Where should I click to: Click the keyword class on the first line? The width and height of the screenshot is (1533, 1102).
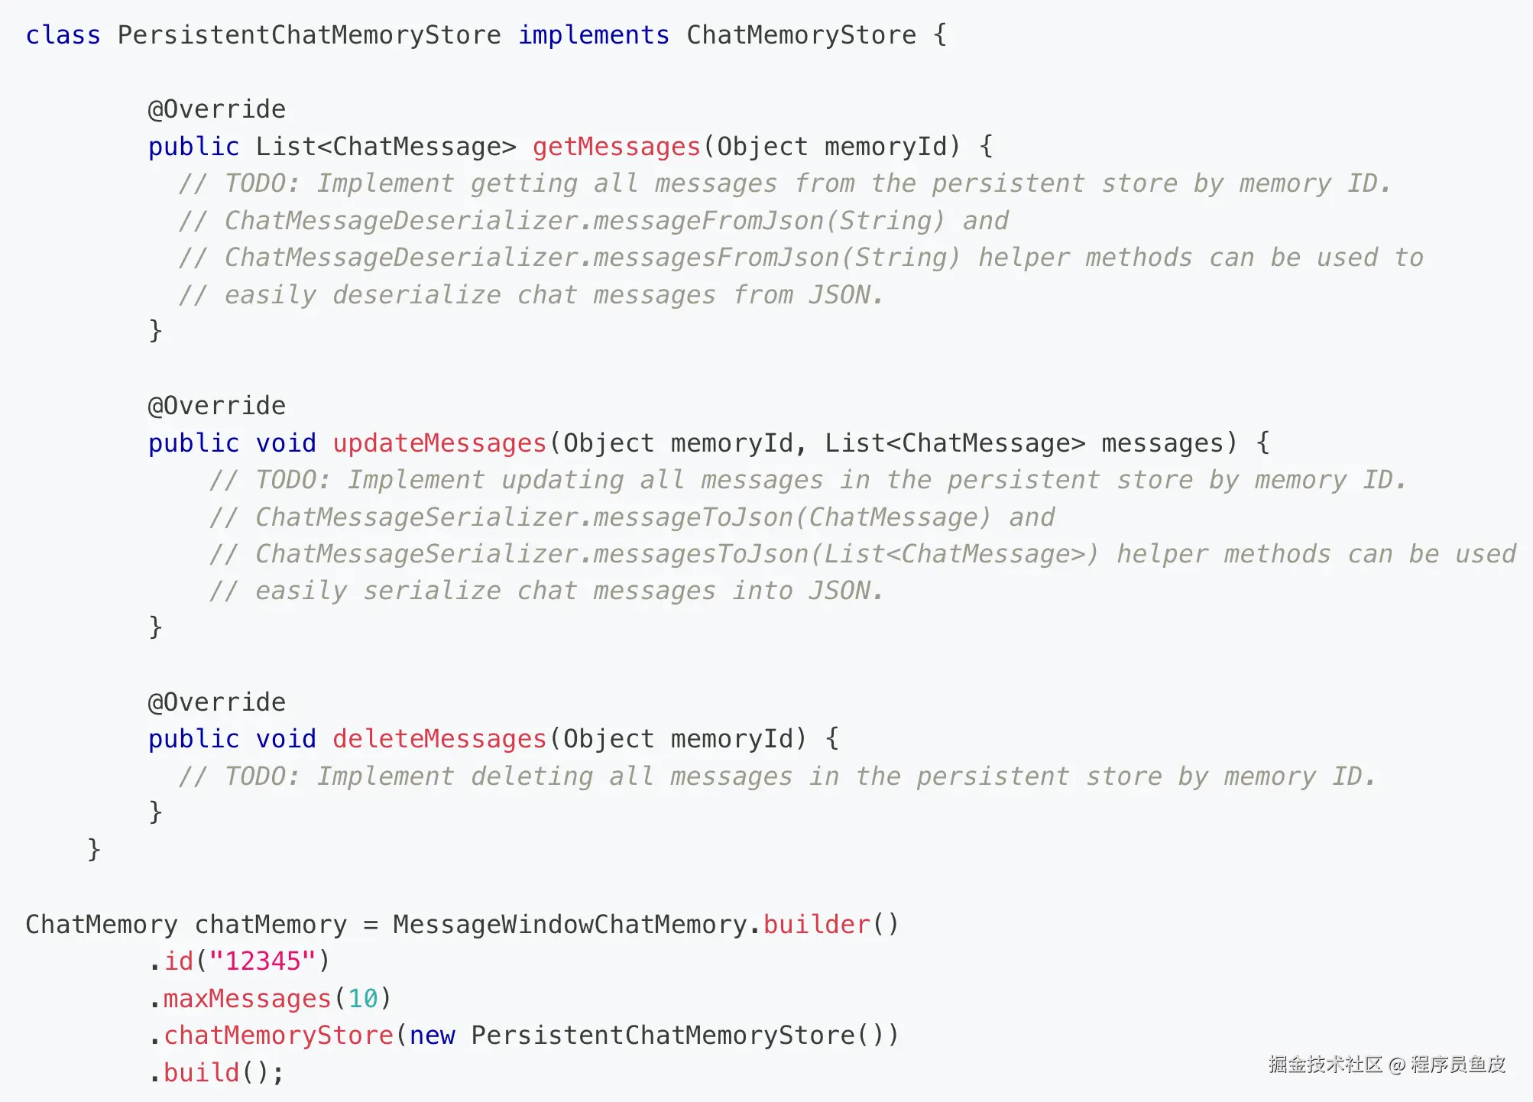click(x=63, y=35)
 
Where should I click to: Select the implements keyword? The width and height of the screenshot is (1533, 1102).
click(x=593, y=35)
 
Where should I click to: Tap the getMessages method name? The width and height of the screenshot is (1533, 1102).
click(x=616, y=147)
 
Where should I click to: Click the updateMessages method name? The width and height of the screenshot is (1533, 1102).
click(x=439, y=443)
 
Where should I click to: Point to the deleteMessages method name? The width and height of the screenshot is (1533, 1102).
click(x=439, y=739)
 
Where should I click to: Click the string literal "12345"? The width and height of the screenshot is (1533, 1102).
click(x=262, y=961)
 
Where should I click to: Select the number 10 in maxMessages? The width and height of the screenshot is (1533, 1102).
click(x=363, y=999)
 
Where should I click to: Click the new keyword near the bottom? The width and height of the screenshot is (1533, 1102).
click(x=432, y=1036)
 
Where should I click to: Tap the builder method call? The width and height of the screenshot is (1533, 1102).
click(x=816, y=925)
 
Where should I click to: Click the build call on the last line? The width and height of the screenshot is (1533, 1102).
click(x=201, y=1073)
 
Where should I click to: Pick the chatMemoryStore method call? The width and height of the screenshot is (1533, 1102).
click(x=278, y=1036)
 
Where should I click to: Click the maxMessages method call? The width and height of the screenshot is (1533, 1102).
click(x=247, y=999)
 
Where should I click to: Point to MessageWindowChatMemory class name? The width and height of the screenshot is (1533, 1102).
click(x=569, y=925)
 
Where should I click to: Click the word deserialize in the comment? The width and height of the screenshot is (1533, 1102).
click(x=416, y=295)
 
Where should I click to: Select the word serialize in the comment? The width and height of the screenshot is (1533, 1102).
click(x=432, y=592)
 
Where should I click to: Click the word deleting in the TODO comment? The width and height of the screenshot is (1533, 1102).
click(x=531, y=776)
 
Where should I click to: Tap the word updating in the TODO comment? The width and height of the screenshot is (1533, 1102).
click(x=562, y=480)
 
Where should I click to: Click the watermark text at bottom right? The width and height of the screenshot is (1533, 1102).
click(x=1386, y=1065)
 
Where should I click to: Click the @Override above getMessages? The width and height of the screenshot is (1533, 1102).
click(x=216, y=109)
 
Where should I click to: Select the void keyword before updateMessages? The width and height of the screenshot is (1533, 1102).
click(x=285, y=443)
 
